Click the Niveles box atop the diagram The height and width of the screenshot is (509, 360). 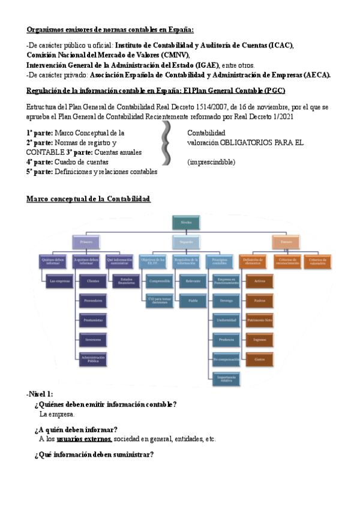pyautogui.click(x=186, y=222)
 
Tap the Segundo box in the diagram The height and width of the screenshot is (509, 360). pyautogui.click(x=186, y=242)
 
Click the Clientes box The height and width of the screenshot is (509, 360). pyautogui.click(x=93, y=280)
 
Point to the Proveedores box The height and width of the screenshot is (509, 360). pyautogui.click(x=93, y=300)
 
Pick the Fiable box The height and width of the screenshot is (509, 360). pyautogui.click(x=193, y=300)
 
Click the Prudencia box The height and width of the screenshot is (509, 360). pyautogui.click(x=226, y=340)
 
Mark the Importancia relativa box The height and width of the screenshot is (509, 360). pyautogui.click(x=226, y=379)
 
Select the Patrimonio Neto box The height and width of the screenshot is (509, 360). pyautogui.click(x=260, y=321)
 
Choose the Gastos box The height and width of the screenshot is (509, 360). pyautogui.click(x=260, y=360)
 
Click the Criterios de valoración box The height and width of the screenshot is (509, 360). pyautogui.click(x=318, y=261)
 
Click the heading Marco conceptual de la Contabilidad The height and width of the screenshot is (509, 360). pyautogui.click(x=88, y=199)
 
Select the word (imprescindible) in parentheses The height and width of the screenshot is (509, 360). pyautogui.click(x=211, y=162)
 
